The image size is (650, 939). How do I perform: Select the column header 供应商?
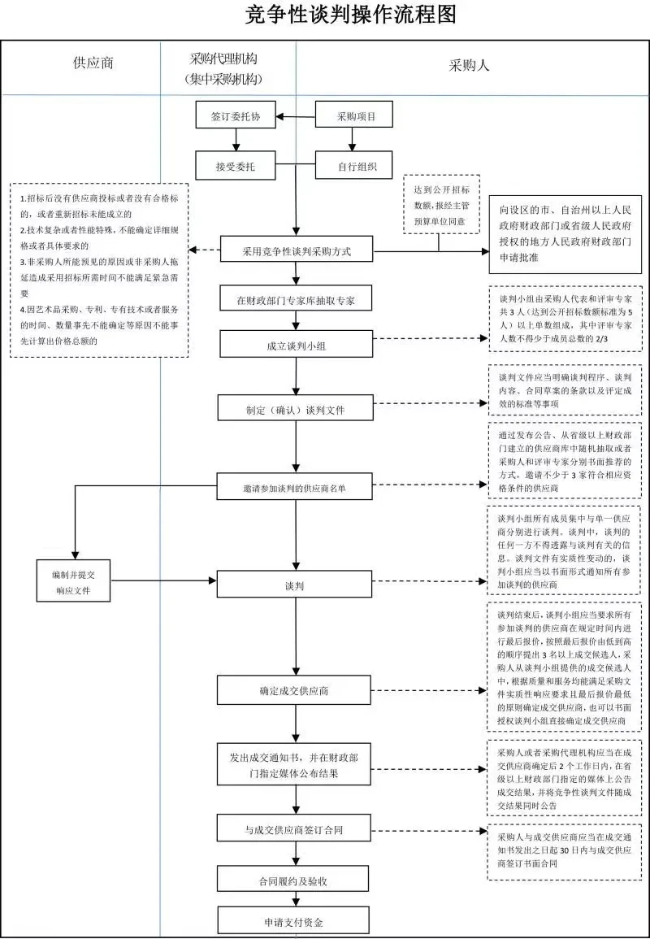pyautogui.click(x=93, y=64)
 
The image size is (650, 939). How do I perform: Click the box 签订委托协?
pyautogui.click(x=236, y=116)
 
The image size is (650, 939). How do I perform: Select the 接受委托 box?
pyautogui.click(x=236, y=167)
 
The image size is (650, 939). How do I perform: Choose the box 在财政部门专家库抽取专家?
pyautogui.click(x=296, y=300)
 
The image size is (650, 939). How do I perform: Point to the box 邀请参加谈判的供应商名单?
pyautogui.click(x=296, y=488)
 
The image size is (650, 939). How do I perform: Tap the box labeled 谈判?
pyautogui.click(x=296, y=585)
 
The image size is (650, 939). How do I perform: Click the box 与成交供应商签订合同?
pyautogui.click(x=296, y=829)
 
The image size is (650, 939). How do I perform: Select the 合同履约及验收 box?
pyautogui.click(x=296, y=880)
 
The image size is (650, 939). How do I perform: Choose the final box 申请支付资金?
pyautogui.click(x=296, y=923)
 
